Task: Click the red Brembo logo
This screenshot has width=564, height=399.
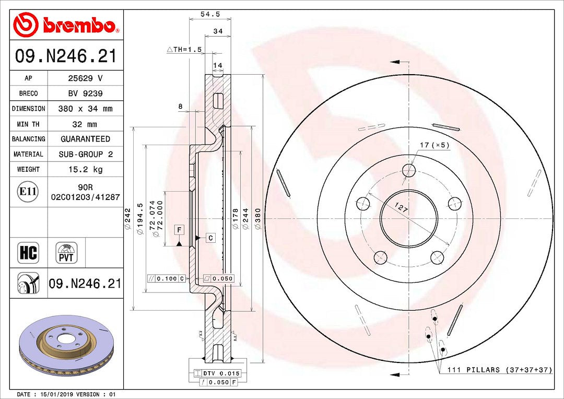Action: [66, 25]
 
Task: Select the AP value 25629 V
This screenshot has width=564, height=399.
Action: [86, 78]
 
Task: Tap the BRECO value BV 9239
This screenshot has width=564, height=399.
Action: [86, 93]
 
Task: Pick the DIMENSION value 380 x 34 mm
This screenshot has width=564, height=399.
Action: [86, 109]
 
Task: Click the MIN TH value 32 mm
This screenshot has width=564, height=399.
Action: [86, 124]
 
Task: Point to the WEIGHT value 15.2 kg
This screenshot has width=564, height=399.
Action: [86, 169]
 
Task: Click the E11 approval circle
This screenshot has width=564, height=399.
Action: [28, 192]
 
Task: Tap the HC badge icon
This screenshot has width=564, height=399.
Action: [28, 253]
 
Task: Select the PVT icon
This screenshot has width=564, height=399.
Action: [66, 253]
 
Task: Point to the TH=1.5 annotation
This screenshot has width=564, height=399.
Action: [184, 49]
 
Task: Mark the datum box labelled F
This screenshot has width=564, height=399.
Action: [179, 230]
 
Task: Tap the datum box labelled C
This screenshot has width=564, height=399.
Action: [210, 238]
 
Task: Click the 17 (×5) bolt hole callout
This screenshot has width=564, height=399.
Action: [434, 145]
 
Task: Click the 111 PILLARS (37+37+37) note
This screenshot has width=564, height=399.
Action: [499, 370]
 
